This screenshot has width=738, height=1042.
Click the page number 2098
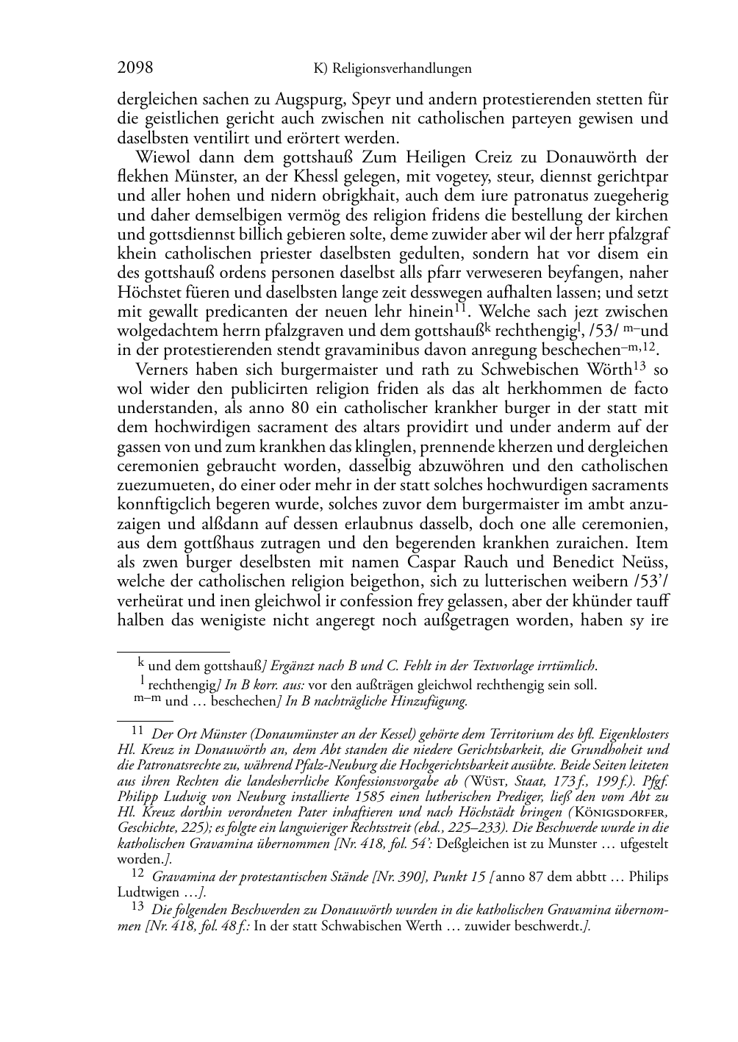[x=135, y=68]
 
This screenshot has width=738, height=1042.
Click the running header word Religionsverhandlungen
[x=401, y=69]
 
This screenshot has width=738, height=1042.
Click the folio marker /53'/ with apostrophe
[x=649, y=581]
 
